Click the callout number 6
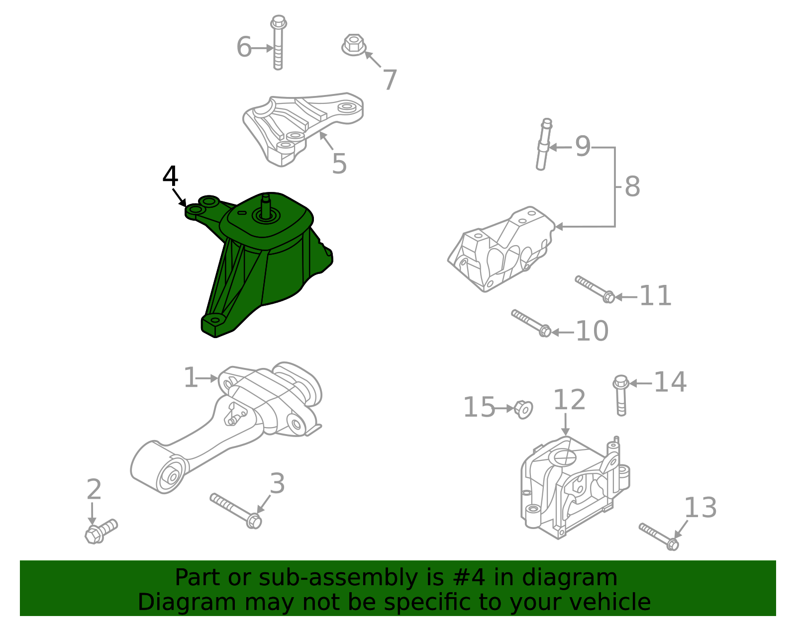coord(244,48)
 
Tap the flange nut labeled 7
coord(354,45)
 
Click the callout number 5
coord(339,164)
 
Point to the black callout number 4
coord(170,177)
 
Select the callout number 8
coord(632,187)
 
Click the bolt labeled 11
coord(595,289)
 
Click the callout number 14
coord(670,383)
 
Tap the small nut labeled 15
coord(523,409)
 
